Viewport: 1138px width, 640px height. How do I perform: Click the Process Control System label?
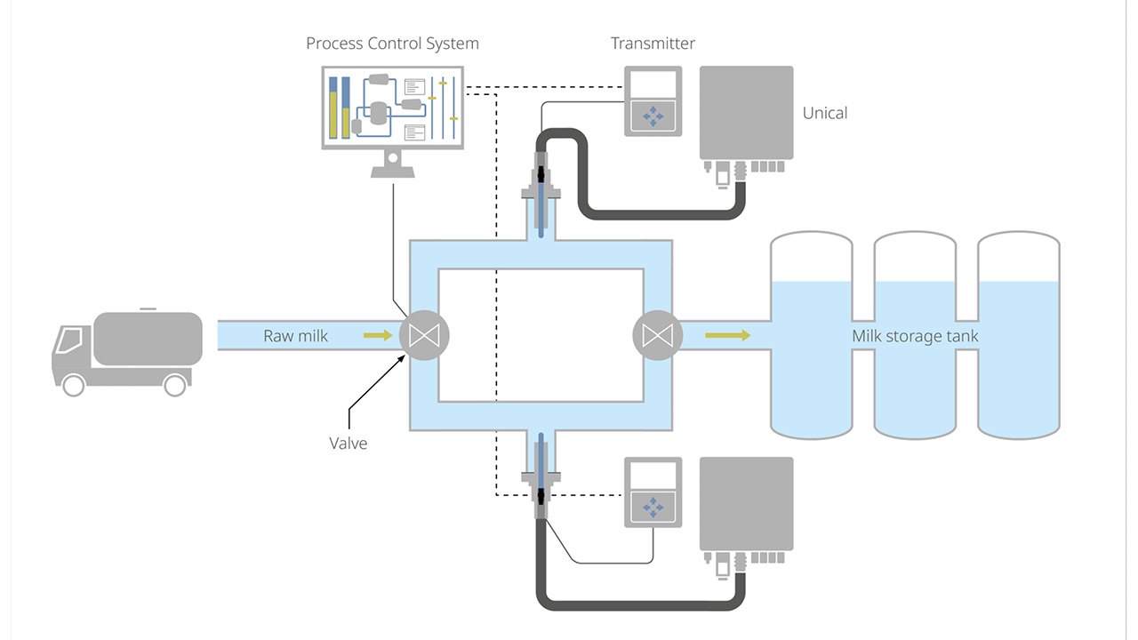tap(392, 44)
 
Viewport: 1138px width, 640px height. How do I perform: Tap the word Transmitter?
tap(653, 44)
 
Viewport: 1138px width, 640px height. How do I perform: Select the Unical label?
tap(825, 113)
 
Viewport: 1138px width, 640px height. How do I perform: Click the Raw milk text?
tap(295, 336)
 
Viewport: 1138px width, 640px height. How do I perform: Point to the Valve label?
tap(349, 443)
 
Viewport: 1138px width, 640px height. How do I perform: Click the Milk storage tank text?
tap(915, 336)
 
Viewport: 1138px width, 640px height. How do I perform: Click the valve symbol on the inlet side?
tap(424, 335)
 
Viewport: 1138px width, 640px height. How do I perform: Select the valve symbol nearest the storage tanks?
tap(657, 335)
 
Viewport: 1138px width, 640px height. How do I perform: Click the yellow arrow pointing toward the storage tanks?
tap(727, 335)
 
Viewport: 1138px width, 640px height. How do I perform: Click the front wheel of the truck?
tap(73, 384)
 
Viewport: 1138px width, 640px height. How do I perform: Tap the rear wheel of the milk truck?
tap(175, 384)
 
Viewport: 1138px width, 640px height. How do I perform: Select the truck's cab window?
tap(68, 340)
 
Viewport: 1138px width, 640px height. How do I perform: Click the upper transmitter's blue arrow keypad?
tap(653, 116)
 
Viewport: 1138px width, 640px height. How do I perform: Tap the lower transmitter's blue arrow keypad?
tap(653, 507)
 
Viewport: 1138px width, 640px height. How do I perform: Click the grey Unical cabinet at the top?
tap(746, 112)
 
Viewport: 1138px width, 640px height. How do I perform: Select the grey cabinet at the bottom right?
tap(746, 503)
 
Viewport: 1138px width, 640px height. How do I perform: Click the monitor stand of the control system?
tap(391, 164)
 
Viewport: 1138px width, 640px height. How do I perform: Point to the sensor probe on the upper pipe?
tap(541, 200)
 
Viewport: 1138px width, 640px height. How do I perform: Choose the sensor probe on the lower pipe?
tap(541, 471)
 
